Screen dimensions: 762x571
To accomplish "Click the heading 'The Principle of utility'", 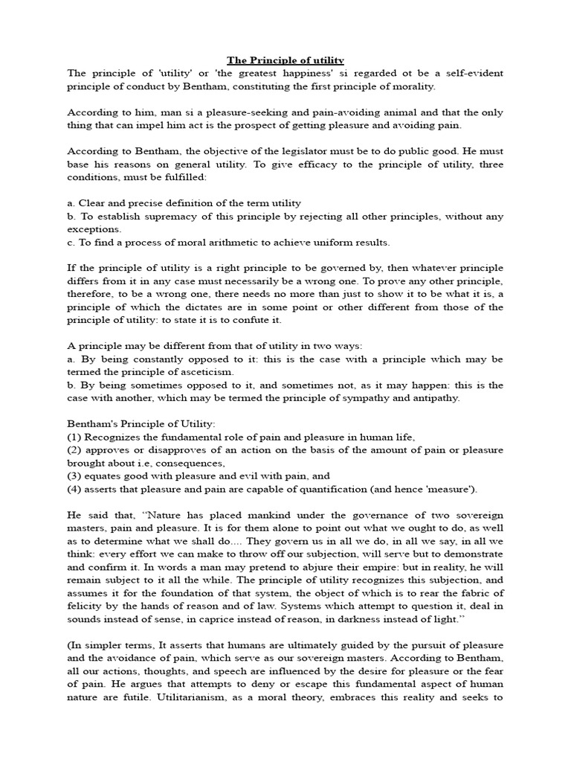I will (x=285, y=60).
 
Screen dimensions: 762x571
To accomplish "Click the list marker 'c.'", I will (x=71, y=243).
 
